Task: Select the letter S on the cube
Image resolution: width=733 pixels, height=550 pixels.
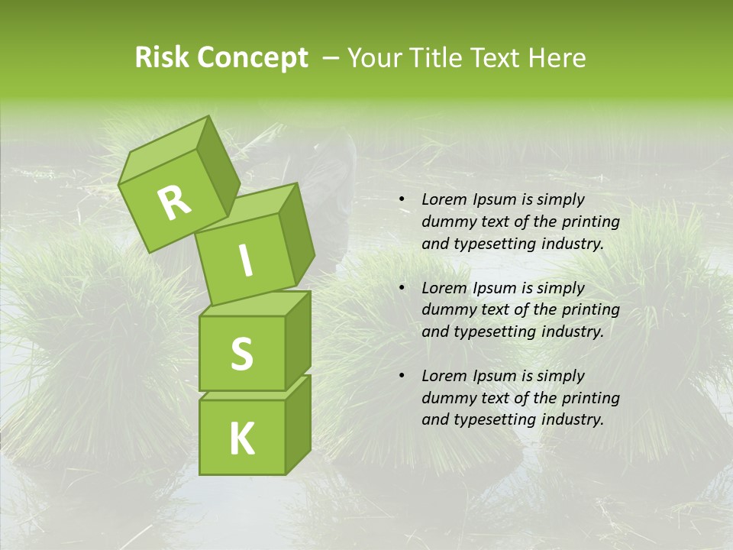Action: pos(241,354)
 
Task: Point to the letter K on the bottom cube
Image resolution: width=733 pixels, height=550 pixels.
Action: pos(241,438)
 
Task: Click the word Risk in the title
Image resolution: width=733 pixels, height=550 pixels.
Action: pos(162,58)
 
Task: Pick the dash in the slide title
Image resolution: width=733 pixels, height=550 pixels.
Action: pos(331,58)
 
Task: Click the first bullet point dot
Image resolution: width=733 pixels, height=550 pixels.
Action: pos(402,199)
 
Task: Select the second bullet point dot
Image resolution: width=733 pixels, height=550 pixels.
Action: pos(402,288)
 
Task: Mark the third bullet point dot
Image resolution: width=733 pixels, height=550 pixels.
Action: pos(402,376)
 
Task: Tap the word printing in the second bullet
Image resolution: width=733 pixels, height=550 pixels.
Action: pos(590,309)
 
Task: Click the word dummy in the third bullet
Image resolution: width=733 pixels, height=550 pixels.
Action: pos(445,398)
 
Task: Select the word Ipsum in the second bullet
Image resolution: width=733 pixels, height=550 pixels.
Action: pos(495,288)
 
